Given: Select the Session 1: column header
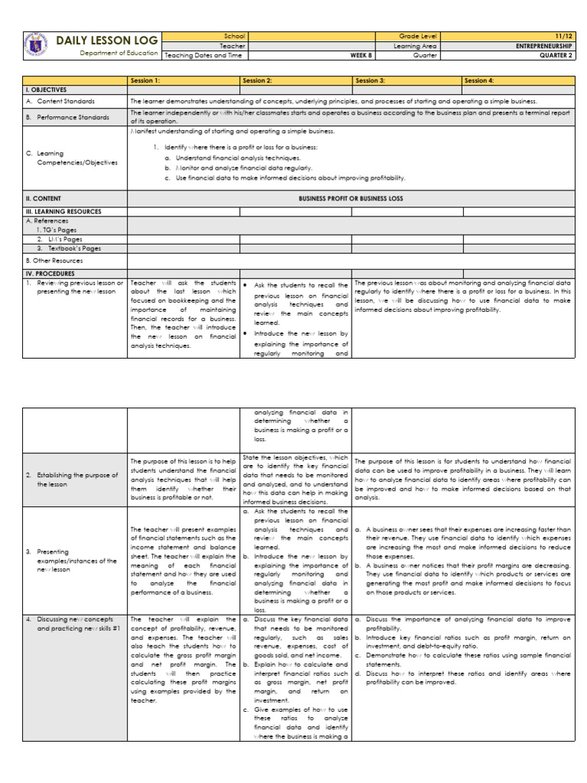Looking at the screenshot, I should (146, 80).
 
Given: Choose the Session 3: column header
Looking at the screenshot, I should (371, 80).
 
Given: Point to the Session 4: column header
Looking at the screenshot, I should (479, 80).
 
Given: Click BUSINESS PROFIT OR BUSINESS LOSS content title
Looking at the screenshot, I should (351, 198).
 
